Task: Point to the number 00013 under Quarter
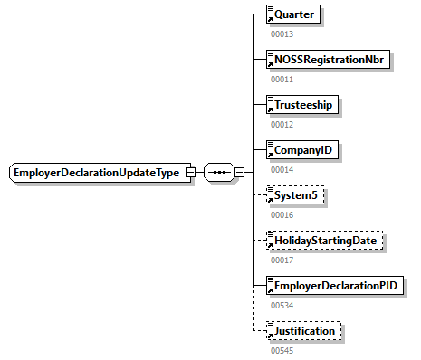point(282,33)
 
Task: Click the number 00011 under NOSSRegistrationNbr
point(282,79)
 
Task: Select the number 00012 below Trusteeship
point(282,124)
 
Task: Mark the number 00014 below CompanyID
point(282,169)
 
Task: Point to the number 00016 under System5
point(282,214)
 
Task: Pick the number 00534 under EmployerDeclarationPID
point(282,305)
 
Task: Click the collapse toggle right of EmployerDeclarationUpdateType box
point(190,173)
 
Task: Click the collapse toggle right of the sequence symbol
point(240,173)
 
